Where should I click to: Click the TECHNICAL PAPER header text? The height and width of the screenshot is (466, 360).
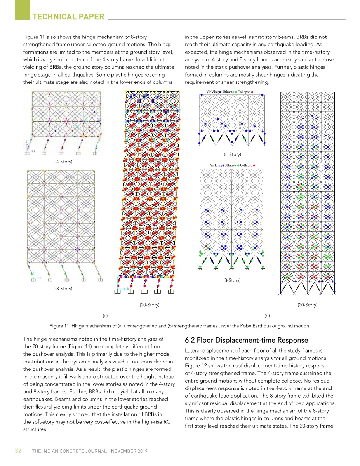tap(68, 17)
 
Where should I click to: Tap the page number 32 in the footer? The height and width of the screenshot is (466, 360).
tap(18, 450)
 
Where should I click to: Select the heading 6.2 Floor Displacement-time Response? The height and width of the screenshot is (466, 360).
tap(247, 340)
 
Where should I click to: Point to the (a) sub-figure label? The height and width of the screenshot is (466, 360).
tap(105, 316)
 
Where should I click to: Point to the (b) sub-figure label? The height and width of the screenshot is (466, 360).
tap(267, 316)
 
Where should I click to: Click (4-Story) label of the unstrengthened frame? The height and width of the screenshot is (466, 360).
tap(63, 162)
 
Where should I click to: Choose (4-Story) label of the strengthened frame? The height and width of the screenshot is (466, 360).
tap(233, 155)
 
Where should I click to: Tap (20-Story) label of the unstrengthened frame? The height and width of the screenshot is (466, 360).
tap(149, 305)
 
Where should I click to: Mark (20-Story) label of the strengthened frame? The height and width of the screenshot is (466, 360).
tap(307, 305)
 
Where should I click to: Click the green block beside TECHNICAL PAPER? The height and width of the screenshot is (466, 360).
tap(22, 10)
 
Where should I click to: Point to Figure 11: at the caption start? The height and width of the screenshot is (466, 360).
tap(60, 326)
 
